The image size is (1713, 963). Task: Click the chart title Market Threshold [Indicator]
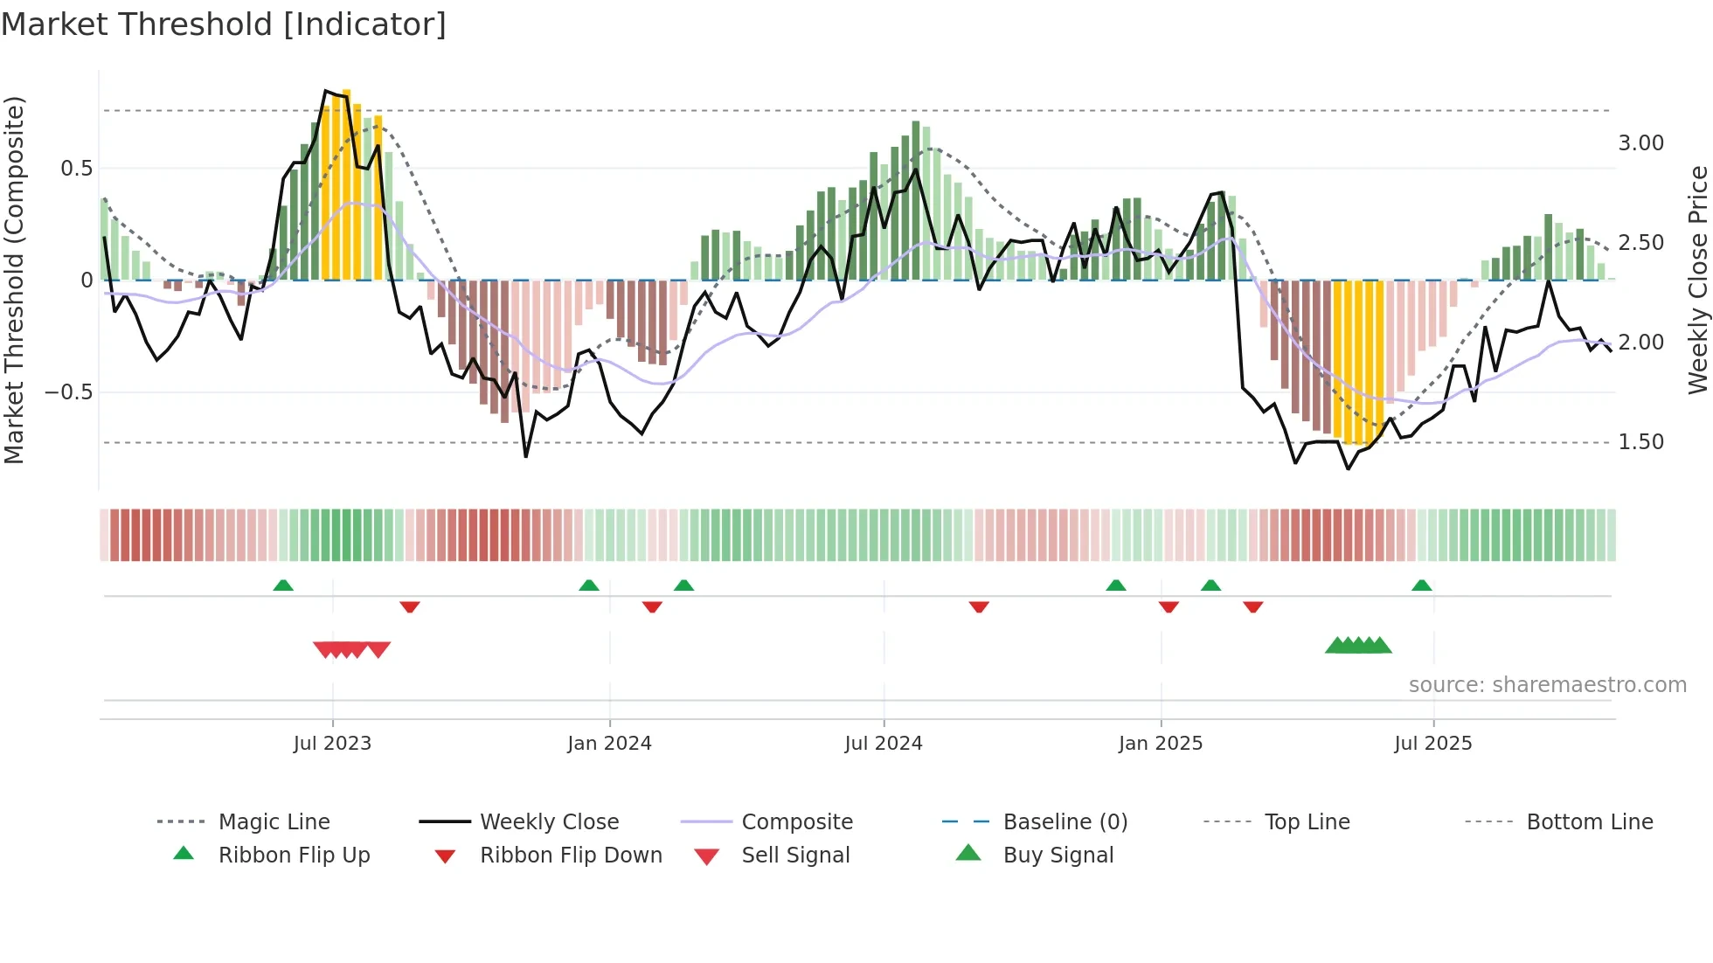click(224, 24)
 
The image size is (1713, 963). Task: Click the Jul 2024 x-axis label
click(883, 743)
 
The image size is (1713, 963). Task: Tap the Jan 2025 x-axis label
click(1160, 743)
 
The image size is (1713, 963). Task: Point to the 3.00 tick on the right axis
click(1640, 142)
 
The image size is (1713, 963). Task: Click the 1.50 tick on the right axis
click(1640, 441)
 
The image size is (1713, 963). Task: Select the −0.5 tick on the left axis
click(68, 391)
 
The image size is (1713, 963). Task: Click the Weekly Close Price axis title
click(1697, 280)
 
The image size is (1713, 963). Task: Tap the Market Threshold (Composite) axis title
click(14, 280)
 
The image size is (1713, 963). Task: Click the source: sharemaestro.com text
click(1547, 684)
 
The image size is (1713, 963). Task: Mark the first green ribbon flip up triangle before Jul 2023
click(283, 585)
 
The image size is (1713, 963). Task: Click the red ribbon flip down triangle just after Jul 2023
click(410, 606)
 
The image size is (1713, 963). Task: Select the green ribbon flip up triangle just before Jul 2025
click(1421, 585)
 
